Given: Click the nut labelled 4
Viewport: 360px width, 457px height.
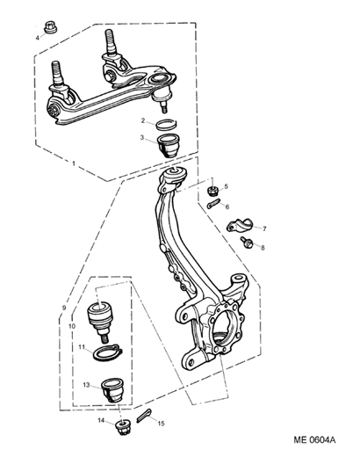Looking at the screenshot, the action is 50,27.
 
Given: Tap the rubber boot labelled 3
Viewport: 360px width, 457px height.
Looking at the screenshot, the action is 169,145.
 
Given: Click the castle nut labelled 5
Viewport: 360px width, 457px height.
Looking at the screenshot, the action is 213,191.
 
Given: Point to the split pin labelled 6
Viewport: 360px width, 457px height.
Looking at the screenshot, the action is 215,204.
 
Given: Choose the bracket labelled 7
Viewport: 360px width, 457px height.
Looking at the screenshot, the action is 239,225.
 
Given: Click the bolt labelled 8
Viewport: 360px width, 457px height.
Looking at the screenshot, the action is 247,243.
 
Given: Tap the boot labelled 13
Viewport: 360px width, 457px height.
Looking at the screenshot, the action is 112,390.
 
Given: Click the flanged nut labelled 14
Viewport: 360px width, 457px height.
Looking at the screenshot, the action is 123,427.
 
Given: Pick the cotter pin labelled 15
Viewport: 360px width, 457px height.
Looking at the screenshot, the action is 144,416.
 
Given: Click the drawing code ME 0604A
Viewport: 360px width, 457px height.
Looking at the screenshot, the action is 314,439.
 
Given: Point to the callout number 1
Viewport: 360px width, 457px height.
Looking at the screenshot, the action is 74,163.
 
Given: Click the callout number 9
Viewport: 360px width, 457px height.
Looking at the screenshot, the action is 64,308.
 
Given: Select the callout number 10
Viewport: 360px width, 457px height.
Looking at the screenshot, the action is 72,326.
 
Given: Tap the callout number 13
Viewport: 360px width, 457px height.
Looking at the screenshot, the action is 86,385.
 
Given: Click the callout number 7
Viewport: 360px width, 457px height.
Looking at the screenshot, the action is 264,228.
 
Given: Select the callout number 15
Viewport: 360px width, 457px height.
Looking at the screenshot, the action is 161,424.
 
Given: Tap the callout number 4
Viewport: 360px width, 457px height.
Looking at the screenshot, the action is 37,38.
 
